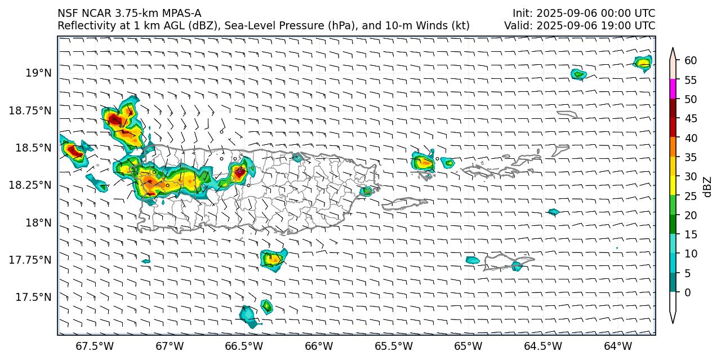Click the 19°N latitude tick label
coord(38,73)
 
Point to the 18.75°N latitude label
coord(30,110)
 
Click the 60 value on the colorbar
coord(691,60)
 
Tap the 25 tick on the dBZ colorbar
coord(691,196)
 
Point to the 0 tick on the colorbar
coord(688,292)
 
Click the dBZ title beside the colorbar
coord(709,186)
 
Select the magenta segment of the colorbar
coord(673,89)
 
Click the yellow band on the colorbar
coord(673,186)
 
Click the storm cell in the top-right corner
coord(643,63)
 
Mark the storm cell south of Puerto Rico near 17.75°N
coord(273,259)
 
